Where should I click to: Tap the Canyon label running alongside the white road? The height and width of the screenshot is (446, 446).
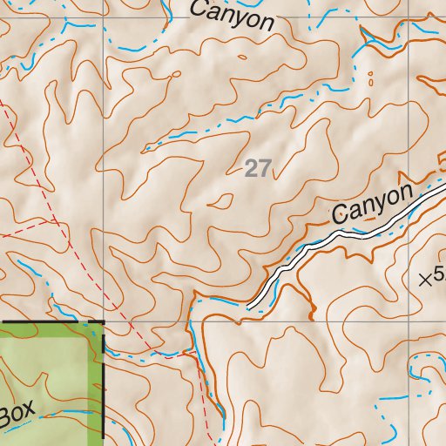tap(370, 204)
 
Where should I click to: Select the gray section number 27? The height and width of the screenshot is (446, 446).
tap(257, 168)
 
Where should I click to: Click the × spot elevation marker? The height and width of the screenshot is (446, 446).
tap(426, 280)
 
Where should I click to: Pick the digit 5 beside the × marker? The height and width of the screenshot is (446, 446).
tap(439, 279)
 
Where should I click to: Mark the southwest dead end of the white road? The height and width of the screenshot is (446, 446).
tap(250, 307)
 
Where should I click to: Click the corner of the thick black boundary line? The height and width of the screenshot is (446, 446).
tap(104, 323)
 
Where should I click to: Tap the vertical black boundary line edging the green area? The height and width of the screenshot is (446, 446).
tap(104, 383)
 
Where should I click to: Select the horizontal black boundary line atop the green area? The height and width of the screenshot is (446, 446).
tap(52, 323)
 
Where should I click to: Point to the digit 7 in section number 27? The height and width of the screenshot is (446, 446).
tap(264, 168)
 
